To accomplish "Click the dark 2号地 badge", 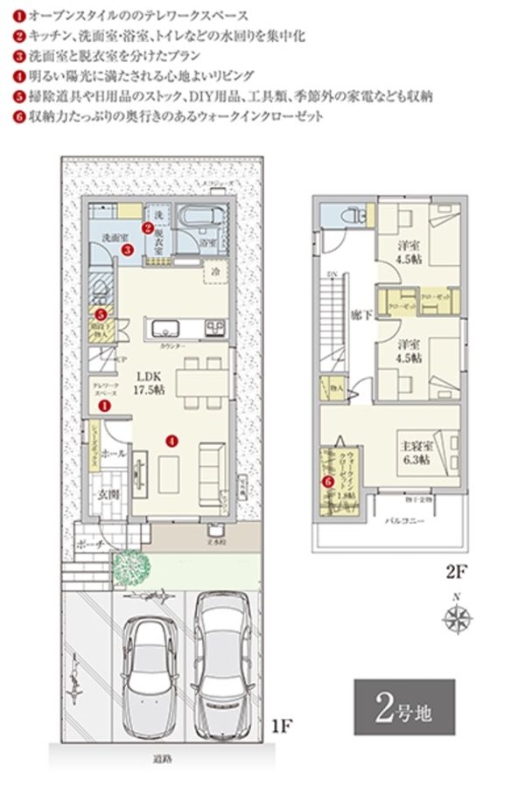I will pos(404,706).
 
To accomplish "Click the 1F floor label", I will pos(280,725).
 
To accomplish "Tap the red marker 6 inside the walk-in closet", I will pos(329,479).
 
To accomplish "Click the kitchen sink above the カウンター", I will pos(165,329).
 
